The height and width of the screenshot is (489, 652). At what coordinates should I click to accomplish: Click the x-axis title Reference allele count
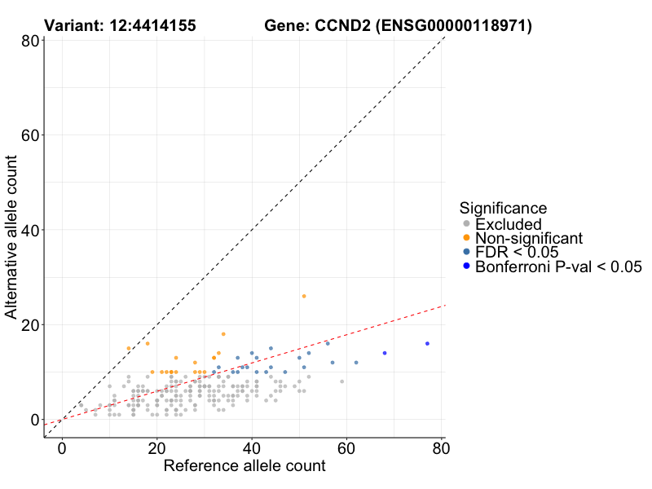[244, 466]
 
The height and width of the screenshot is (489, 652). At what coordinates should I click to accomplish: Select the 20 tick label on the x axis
[156, 447]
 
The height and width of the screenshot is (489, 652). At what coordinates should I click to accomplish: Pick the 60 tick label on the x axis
[346, 447]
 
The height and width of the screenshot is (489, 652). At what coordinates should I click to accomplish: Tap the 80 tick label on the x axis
[441, 447]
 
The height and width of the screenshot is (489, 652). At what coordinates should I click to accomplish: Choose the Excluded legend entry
[508, 224]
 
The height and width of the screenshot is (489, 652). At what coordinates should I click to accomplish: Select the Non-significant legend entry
[528, 238]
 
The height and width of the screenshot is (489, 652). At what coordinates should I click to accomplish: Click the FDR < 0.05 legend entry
[516, 253]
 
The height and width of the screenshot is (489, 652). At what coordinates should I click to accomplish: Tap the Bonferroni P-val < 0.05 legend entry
[558, 267]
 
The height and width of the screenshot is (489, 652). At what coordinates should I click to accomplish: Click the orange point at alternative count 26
[304, 296]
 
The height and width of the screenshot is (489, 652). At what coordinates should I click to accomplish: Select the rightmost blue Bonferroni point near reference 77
[427, 343]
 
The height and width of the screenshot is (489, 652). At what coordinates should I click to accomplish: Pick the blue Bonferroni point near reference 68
[385, 353]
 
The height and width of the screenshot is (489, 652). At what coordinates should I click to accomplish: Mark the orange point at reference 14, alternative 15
[129, 348]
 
